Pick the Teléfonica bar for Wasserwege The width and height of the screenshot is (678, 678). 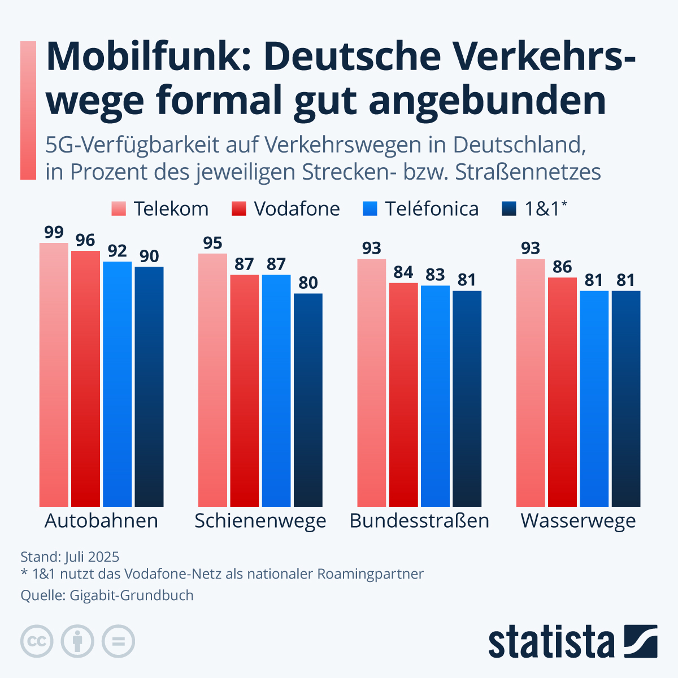[594, 399]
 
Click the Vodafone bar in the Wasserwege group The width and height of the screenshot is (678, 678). [562, 392]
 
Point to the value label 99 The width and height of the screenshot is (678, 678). [54, 232]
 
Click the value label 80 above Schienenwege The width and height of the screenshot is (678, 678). [308, 282]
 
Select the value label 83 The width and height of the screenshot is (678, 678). [435, 275]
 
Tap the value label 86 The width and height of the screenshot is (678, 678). [562, 267]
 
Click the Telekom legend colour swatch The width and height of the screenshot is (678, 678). [119, 209]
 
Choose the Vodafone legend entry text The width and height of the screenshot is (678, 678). [297, 209]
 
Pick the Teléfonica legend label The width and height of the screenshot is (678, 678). [432, 209]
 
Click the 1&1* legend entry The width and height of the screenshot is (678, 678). [546, 209]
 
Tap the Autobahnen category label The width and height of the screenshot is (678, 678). [101, 520]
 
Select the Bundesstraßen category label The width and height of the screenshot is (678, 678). [419, 520]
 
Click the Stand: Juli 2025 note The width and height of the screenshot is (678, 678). [70, 557]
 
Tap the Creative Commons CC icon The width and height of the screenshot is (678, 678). [37, 642]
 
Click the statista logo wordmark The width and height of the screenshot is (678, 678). [551, 642]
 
